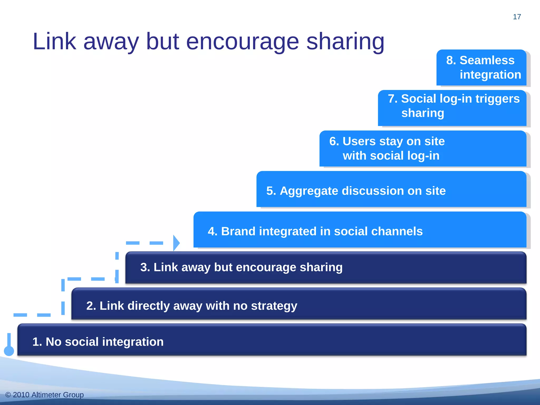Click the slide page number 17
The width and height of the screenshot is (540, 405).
[x=517, y=17]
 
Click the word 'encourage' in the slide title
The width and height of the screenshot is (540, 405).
[x=242, y=41]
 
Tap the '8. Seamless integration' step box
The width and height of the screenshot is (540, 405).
[x=481, y=67]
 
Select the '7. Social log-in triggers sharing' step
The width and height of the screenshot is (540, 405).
[x=452, y=108]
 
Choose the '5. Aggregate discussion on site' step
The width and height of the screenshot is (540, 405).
[x=391, y=189]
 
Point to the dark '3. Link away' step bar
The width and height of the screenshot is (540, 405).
[x=326, y=267]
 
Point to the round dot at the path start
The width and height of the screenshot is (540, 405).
[x=9, y=351]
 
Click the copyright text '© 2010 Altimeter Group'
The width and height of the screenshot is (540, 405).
[x=45, y=395]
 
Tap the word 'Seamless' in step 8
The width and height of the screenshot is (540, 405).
[x=487, y=60]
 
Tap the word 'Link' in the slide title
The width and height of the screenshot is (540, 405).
[x=54, y=41]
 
